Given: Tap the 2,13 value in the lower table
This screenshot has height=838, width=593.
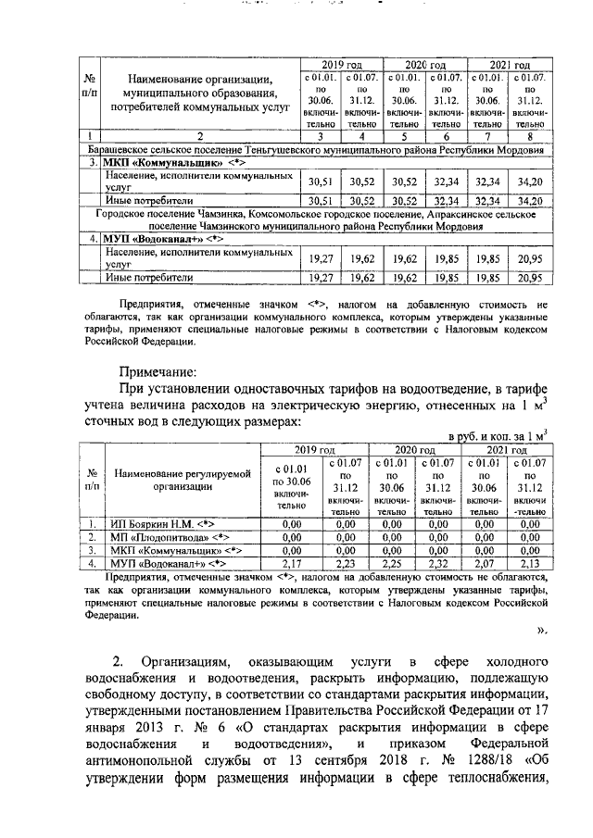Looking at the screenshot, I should tap(529, 562).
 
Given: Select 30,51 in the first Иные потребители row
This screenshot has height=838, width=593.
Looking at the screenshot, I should tap(320, 200).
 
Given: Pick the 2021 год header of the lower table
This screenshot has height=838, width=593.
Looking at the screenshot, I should tap(507, 448).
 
